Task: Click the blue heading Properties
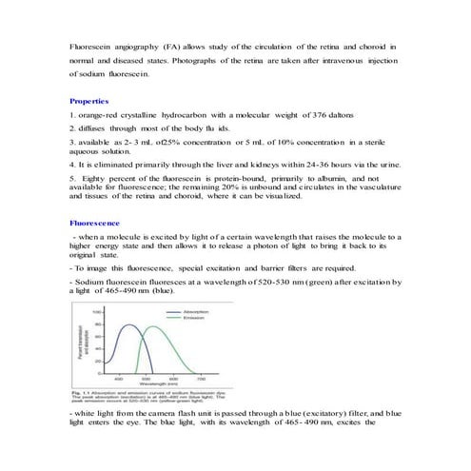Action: pyautogui.click(x=88, y=100)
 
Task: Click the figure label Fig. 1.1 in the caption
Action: pyautogui.click(x=83, y=392)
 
